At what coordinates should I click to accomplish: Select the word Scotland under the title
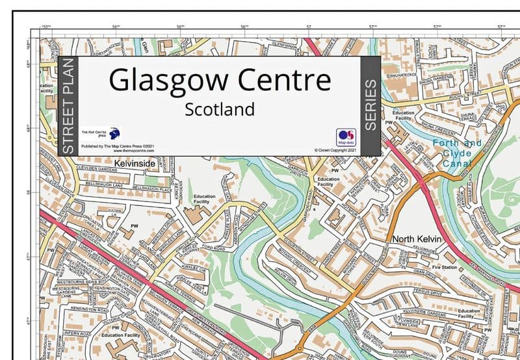pyautogui.click(x=220, y=109)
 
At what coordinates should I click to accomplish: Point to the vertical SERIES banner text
pyautogui.click(x=369, y=105)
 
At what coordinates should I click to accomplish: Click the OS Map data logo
pyautogui.click(x=345, y=136)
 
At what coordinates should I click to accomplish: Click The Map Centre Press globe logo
pyautogui.click(x=114, y=133)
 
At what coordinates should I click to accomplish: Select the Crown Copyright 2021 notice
pyautogui.click(x=335, y=150)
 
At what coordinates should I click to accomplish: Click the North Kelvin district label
pyautogui.click(x=416, y=240)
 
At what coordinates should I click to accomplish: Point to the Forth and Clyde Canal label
pyautogui.click(x=458, y=153)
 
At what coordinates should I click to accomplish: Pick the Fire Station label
pyautogui.click(x=445, y=267)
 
